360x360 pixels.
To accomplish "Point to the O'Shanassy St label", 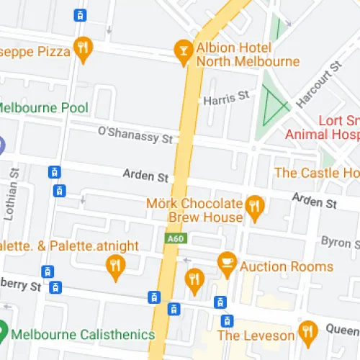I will tap(135, 133).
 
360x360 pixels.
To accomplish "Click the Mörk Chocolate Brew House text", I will tap(194, 210).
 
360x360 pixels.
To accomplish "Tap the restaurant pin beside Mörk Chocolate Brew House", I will tap(253, 207).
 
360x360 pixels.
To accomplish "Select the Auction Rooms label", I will tap(287, 266).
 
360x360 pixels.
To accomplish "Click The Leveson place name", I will tap(256, 336).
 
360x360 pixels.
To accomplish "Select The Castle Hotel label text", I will tap(317, 173).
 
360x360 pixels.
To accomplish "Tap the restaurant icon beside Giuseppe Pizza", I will tap(84, 48).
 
